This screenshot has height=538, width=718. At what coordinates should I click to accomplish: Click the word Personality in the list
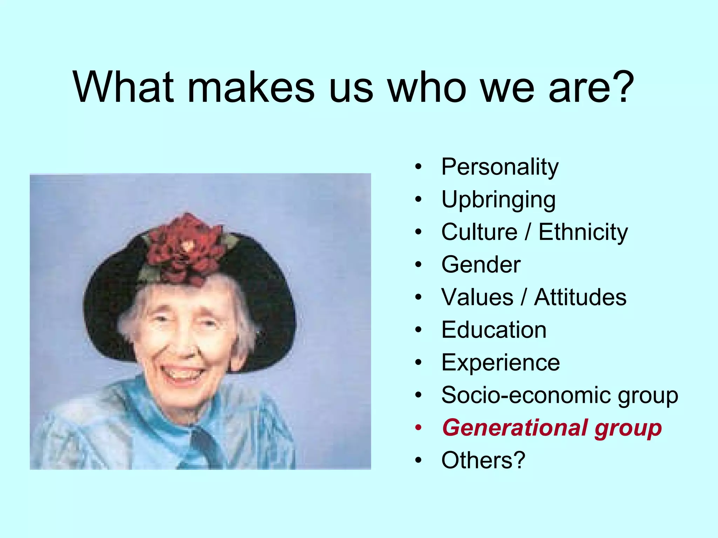[x=500, y=167]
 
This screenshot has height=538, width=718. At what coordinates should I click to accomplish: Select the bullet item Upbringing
[x=498, y=200]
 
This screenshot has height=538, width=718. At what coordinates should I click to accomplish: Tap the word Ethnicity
[x=583, y=232]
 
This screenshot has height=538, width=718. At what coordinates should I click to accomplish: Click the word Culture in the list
[x=479, y=232]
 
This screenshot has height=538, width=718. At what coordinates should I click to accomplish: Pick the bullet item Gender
[x=481, y=264]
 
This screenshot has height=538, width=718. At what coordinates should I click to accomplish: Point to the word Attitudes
[x=580, y=297]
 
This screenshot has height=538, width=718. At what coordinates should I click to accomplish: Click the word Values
[x=477, y=297]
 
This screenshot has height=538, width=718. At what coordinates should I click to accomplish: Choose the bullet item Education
[x=494, y=330]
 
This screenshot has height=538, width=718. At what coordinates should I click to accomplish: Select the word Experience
[x=500, y=363]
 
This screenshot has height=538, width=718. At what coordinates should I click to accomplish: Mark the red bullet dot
[x=418, y=428]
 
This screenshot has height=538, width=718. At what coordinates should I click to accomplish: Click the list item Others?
[x=483, y=460]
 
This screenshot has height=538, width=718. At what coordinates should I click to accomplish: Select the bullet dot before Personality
[x=418, y=167]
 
